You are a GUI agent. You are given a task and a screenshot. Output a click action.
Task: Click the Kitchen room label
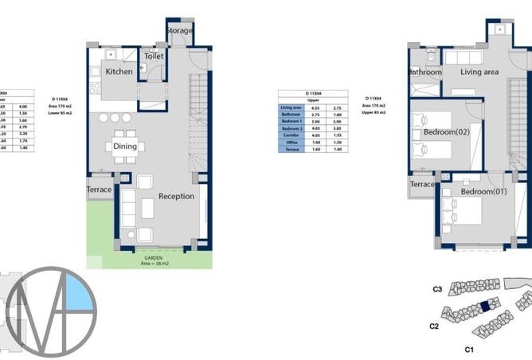point(119,72)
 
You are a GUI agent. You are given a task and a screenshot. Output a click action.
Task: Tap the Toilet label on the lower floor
point(153,57)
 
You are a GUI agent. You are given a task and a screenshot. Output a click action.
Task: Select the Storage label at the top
point(179,30)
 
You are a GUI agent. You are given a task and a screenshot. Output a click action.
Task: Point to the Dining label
point(125,147)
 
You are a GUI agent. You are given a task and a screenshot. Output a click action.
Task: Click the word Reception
point(176,196)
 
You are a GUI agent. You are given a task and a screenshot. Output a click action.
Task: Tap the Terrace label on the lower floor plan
point(100,190)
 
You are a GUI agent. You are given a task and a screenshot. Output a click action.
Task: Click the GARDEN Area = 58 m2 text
point(153,261)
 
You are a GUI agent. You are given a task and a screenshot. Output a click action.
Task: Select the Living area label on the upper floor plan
point(479,72)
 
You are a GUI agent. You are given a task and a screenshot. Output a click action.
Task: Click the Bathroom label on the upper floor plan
point(424,72)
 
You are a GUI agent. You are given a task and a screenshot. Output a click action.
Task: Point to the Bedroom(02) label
point(446,131)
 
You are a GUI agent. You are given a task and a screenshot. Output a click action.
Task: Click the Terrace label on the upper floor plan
point(422,184)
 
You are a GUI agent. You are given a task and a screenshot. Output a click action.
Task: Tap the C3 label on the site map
point(437,289)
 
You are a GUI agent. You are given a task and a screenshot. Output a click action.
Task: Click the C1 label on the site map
point(469,349)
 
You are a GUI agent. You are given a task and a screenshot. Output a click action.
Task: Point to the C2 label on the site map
point(434,326)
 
